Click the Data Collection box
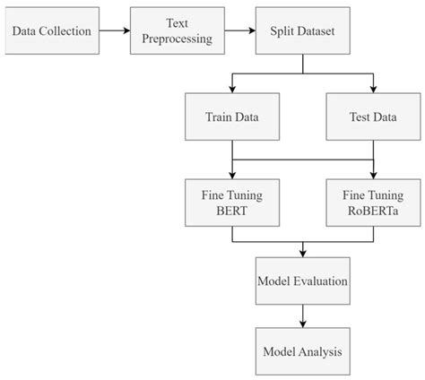51,31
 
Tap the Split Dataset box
303,31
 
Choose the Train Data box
232,116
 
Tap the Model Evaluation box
303,281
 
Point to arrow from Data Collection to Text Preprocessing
113,31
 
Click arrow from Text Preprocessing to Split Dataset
240,31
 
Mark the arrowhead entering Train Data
232,90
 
